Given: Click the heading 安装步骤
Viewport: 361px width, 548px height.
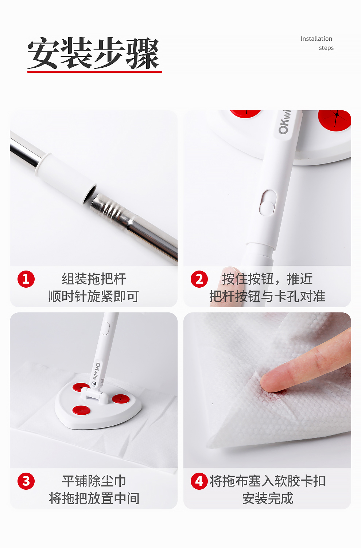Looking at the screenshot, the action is (x=93, y=53).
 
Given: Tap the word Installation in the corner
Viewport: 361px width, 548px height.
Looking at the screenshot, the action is (x=316, y=39).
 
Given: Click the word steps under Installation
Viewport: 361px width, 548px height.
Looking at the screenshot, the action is (x=326, y=48).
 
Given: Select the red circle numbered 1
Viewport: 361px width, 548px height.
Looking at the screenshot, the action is (x=26, y=279).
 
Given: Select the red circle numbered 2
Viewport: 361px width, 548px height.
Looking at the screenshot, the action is (x=199, y=279).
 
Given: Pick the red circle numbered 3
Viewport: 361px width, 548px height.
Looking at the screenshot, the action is (x=26, y=481).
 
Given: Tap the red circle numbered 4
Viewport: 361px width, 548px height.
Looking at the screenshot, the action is (x=199, y=481).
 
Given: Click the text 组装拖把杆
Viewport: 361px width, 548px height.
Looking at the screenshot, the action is (x=94, y=279).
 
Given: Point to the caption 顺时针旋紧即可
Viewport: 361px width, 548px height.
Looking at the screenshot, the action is (x=94, y=296).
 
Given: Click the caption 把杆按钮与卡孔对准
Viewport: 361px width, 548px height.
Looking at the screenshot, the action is (x=267, y=296).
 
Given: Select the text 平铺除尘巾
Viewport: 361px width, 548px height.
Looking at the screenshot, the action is (x=94, y=481).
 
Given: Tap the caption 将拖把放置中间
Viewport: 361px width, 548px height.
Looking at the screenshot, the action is (x=94, y=498).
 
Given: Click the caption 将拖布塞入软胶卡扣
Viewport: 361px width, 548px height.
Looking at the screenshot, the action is (x=268, y=481).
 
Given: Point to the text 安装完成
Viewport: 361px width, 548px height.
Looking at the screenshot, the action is (x=268, y=498).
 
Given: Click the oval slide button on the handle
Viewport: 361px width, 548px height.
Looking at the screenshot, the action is (x=267, y=203).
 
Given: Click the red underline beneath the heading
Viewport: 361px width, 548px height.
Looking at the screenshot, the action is (x=94, y=72).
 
